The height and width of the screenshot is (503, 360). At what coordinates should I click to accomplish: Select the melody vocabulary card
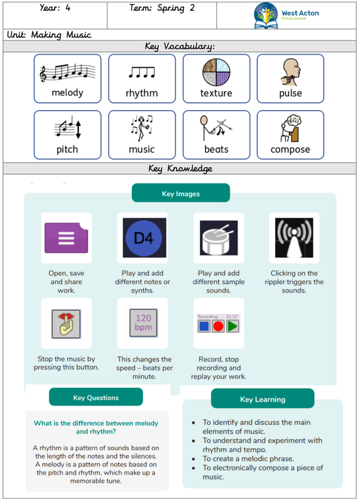tap(68, 79)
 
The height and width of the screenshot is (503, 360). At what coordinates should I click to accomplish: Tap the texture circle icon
tap(216, 72)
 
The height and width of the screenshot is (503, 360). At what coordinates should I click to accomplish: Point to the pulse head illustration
tap(290, 72)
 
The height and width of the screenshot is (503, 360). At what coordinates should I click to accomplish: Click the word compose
tap(290, 150)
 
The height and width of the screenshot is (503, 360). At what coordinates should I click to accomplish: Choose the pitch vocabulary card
tap(68, 135)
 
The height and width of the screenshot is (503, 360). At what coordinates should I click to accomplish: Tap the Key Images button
tap(181, 194)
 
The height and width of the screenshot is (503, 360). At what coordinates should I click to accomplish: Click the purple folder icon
tap(67, 238)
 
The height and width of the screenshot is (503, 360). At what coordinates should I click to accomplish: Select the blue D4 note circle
tap(144, 238)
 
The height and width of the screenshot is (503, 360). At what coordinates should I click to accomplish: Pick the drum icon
tap(219, 238)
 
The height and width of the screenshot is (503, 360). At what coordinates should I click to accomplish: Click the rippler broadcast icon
tap(294, 238)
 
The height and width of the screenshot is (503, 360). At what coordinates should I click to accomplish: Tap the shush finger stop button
tap(67, 324)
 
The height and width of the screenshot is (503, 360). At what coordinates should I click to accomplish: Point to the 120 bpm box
tap(143, 323)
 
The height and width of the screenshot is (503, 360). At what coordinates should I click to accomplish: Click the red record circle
tap(218, 326)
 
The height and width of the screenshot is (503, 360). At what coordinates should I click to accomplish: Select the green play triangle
tap(232, 326)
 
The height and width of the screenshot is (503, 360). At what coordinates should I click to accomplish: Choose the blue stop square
tap(204, 326)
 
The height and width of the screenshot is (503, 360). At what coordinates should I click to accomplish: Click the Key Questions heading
tap(96, 397)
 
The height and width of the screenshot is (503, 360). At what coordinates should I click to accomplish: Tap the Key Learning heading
tap(263, 399)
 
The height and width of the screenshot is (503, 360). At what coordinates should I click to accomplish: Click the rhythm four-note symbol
tap(142, 72)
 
